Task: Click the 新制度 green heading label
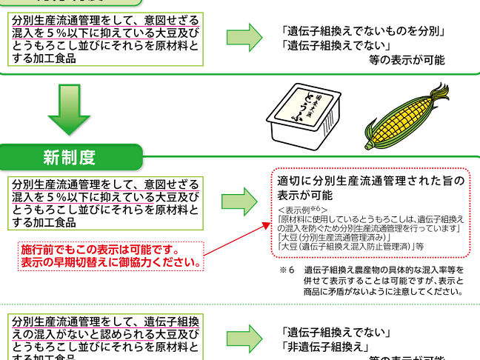click(x=69, y=157)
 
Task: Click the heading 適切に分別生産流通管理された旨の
click(x=370, y=181)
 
